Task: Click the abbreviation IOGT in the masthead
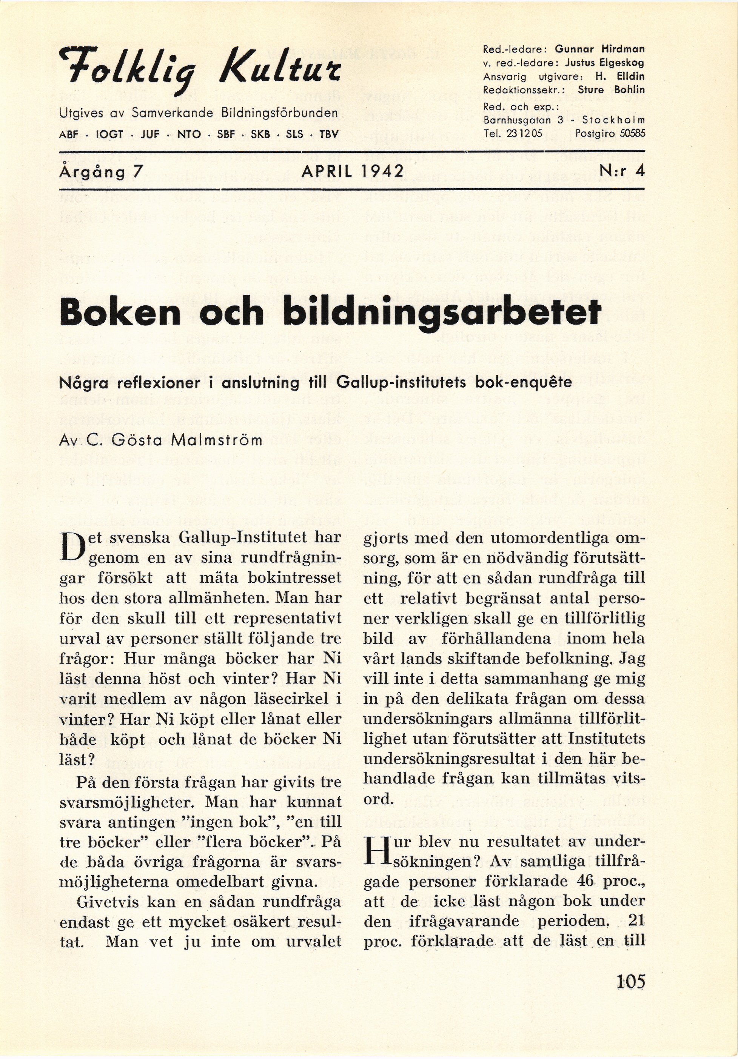click(110, 135)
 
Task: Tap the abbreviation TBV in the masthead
click(329, 135)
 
